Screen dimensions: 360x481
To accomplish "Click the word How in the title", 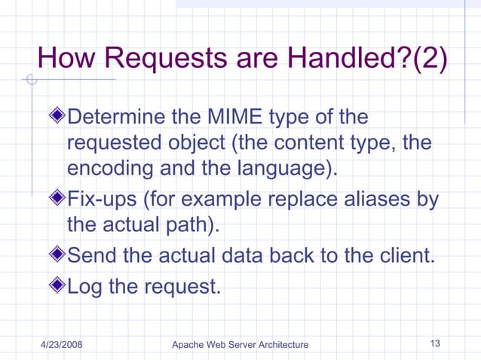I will pyautogui.click(x=64, y=59).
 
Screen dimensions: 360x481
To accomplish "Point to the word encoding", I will pyautogui.click(x=110, y=166).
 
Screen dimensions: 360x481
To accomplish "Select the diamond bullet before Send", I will pyautogui.click(x=59, y=255).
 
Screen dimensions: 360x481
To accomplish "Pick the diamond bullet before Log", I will pyautogui.click(x=59, y=285).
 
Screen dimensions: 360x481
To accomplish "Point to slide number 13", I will pyautogui.click(x=434, y=344).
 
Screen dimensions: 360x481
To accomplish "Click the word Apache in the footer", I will pyautogui.click(x=188, y=345).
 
